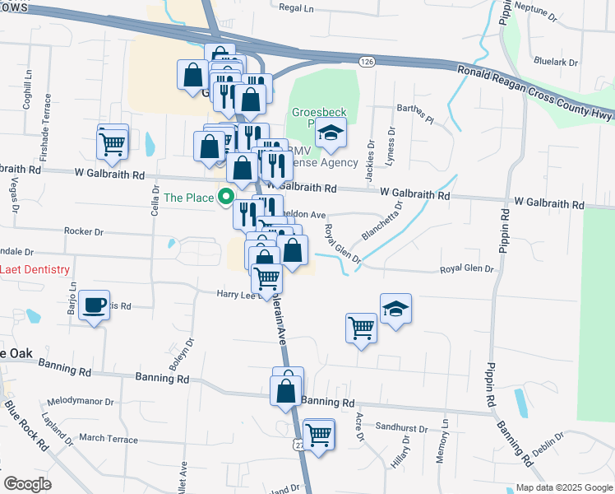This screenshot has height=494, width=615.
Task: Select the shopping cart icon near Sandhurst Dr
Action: pyautogui.click(x=318, y=433)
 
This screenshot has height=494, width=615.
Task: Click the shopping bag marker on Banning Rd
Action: pyautogui.click(x=287, y=389)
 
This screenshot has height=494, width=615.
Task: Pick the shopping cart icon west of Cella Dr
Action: pyautogui.click(x=113, y=143)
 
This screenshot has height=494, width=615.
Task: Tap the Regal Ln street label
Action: pyautogui.click(x=296, y=7)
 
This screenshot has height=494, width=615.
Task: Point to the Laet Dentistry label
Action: pyautogui.click(x=35, y=270)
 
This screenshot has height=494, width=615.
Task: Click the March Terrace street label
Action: pyautogui.click(x=108, y=440)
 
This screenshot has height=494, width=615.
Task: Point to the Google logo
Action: pyautogui.click(x=28, y=484)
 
